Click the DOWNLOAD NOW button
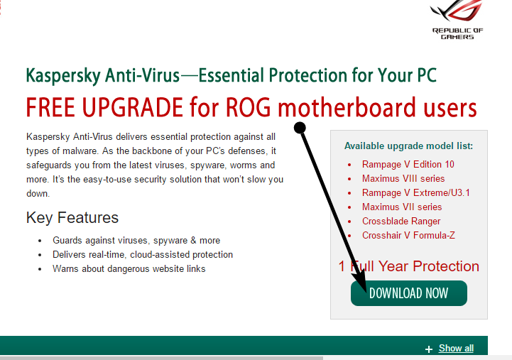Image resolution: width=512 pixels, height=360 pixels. pyautogui.click(x=409, y=293)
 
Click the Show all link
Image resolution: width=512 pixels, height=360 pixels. pyautogui.click(x=456, y=348)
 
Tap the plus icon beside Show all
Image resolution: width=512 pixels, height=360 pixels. pyautogui.click(x=428, y=349)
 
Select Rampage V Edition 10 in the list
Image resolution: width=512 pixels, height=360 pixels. pyautogui.click(x=408, y=164)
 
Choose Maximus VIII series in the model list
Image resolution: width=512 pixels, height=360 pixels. pyautogui.click(x=403, y=178)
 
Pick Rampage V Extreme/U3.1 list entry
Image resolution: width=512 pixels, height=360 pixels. pyautogui.click(x=415, y=192)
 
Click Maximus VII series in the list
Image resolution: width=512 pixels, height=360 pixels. pyautogui.click(x=401, y=207)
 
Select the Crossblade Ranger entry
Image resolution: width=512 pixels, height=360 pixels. pyautogui.click(x=401, y=221)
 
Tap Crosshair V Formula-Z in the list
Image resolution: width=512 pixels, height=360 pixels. pyautogui.click(x=408, y=235)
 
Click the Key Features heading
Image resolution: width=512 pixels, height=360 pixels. pyautogui.click(x=72, y=217)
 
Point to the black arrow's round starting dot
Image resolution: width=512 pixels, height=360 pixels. pyautogui.click(x=300, y=127)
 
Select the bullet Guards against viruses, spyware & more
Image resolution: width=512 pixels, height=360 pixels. pyautogui.click(x=136, y=241)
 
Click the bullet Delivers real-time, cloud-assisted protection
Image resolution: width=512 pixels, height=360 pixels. pyautogui.click(x=143, y=254)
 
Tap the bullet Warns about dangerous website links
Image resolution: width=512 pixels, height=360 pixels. pyautogui.click(x=129, y=268)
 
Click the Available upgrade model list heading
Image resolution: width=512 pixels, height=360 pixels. pyautogui.click(x=408, y=146)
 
